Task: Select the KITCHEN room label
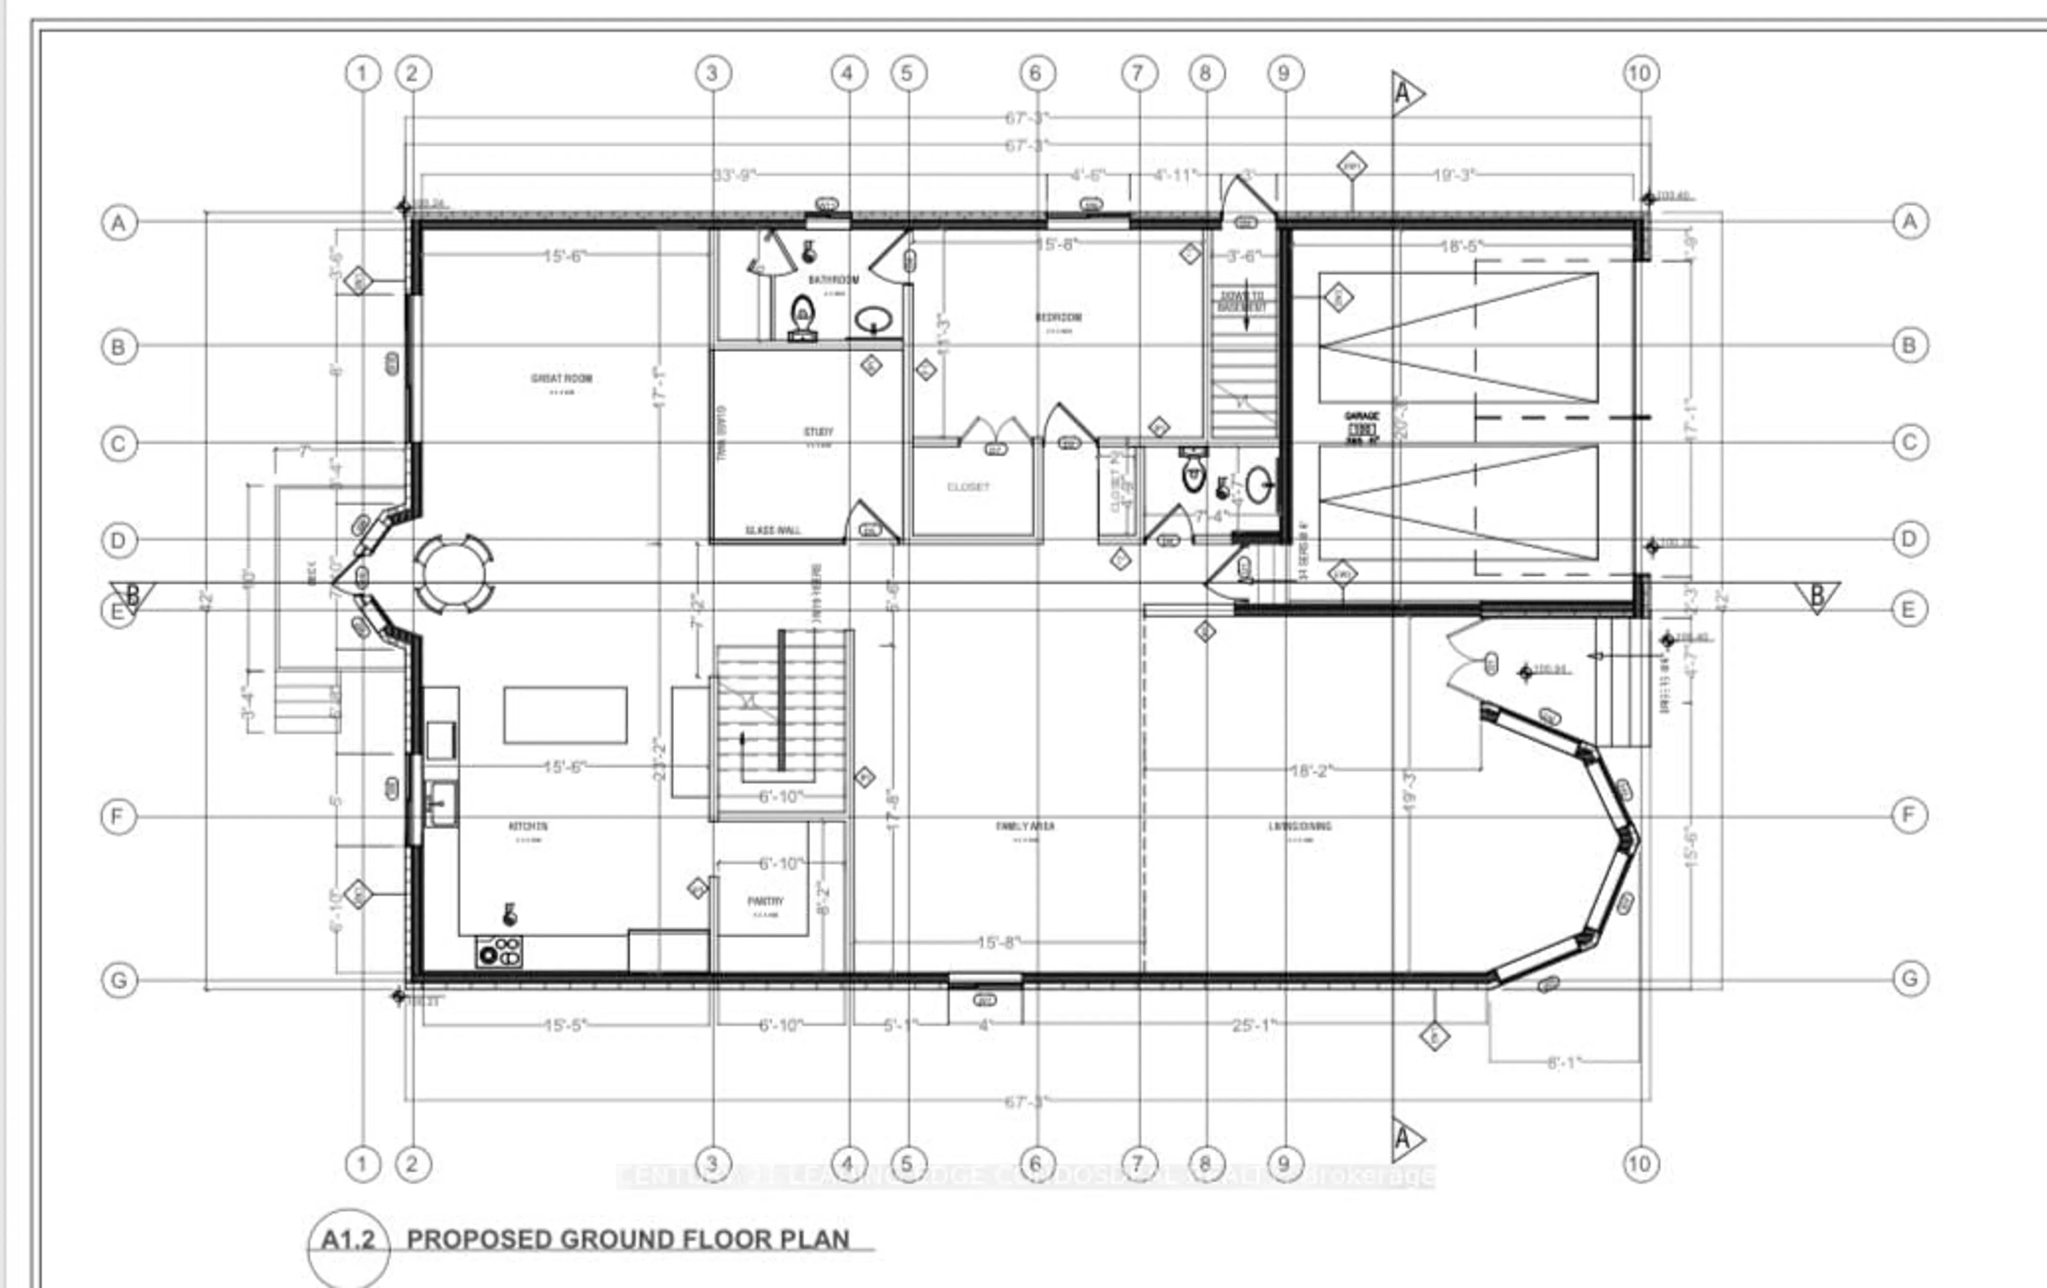(x=528, y=826)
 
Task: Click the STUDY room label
(x=819, y=431)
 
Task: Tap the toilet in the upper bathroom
(x=802, y=318)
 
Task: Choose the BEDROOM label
(x=1058, y=317)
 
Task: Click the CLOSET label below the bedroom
(x=968, y=487)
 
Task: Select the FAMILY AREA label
(x=1025, y=826)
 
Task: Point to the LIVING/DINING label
(x=1300, y=826)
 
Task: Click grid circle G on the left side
(x=119, y=980)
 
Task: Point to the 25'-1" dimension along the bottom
(x=1253, y=1025)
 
